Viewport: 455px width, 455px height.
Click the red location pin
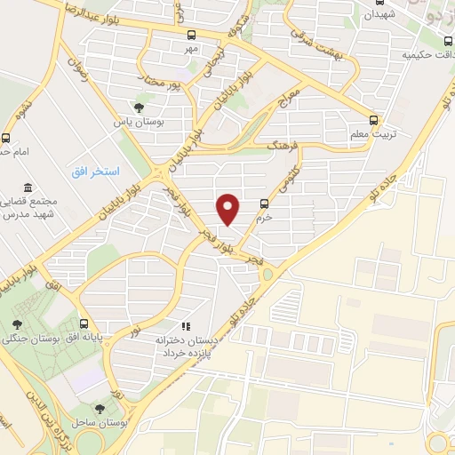(229, 209)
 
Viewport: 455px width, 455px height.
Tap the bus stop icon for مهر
(192, 35)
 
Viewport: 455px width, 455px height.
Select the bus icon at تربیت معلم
(373, 119)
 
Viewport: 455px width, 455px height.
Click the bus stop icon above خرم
(263, 203)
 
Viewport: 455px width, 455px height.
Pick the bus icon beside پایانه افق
(84, 323)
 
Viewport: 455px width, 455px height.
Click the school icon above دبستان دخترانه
(186, 326)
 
